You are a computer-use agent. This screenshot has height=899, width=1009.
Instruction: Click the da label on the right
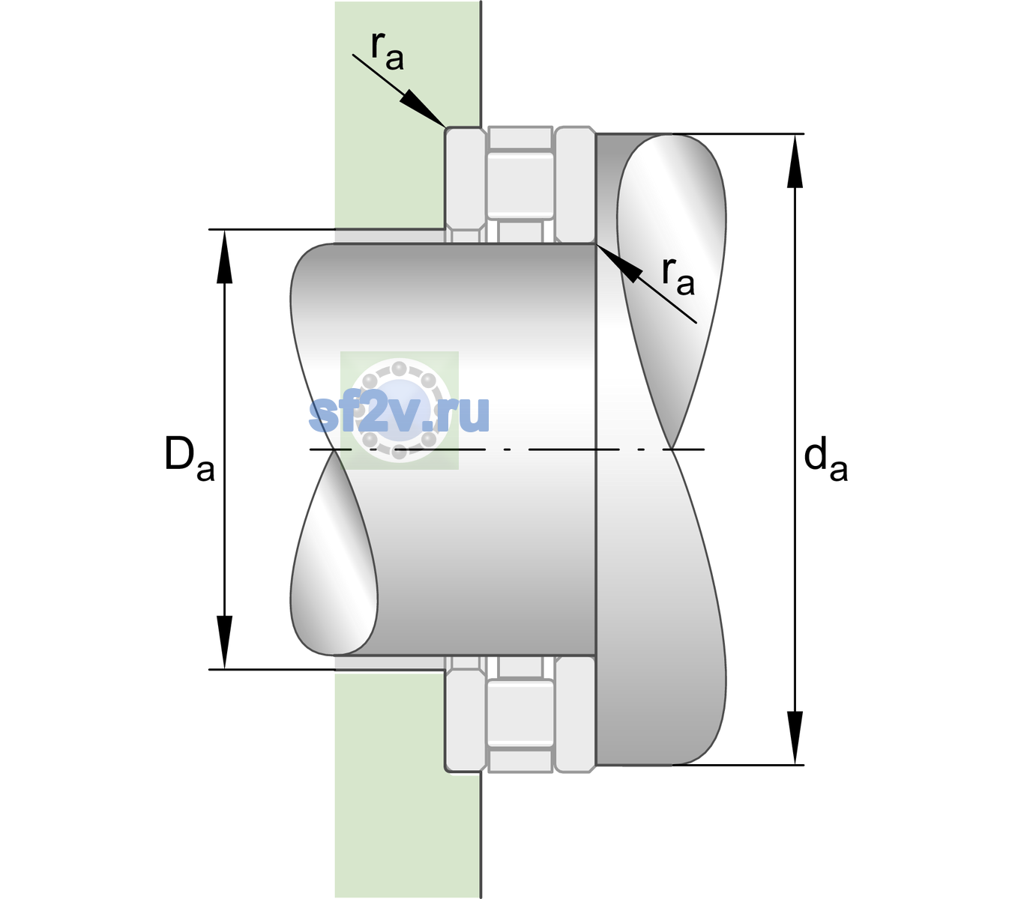pyautogui.click(x=825, y=458)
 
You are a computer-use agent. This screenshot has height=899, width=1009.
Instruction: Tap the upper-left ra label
pyautogui.click(x=387, y=52)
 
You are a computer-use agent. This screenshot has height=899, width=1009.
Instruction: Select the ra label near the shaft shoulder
pyautogui.click(x=678, y=277)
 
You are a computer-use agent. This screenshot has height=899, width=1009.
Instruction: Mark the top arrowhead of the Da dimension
pyautogui.click(x=225, y=256)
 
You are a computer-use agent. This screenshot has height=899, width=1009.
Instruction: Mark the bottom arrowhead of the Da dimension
pyautogui.click(x=225, y=642)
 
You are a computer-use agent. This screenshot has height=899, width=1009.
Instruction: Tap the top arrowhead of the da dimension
pyautogui.click(x=795, y=161)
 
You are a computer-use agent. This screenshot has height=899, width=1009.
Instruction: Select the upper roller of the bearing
pyautogui.click(x=520, y=185)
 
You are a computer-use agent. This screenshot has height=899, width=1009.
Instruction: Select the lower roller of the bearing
pyautogui.click(x=520, y=712)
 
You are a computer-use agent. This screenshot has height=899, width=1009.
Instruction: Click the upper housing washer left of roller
pyautogui.click(x=466, y=185)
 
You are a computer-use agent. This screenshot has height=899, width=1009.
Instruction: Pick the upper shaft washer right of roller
pyautogui.click(x=575, y=185)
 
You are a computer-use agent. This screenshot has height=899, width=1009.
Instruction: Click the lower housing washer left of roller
pyautogui.click(x=466, y=713)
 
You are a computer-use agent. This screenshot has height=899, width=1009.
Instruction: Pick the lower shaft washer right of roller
pyautogui.click(x=575, y=713)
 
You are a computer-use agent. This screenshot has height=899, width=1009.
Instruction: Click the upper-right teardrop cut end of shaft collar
pyautogui.click(x=672, y=291)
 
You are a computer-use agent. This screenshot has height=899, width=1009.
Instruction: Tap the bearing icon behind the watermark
pyautogui.click(x=399, y=411)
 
